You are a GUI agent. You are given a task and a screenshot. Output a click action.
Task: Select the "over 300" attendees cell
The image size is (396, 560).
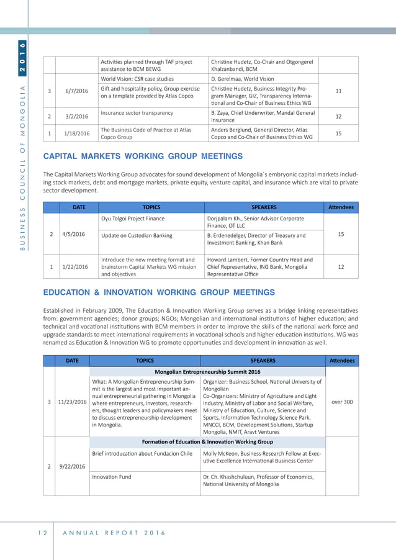342,402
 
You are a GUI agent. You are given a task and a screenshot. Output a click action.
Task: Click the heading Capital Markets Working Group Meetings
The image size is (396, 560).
143,156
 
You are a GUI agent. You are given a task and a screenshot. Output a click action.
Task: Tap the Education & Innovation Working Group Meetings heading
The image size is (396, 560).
158,292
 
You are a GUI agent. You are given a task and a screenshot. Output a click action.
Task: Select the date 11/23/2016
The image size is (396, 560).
73,402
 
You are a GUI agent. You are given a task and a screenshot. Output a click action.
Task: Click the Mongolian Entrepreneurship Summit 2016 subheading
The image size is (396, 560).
207,371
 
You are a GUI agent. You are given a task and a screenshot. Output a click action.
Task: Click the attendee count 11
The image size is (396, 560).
338,91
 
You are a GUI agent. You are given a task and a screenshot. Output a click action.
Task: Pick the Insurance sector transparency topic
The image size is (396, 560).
137,113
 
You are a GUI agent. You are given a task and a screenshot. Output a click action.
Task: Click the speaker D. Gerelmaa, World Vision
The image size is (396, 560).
243,79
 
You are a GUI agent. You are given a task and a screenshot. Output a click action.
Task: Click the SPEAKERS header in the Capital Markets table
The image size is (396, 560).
264,207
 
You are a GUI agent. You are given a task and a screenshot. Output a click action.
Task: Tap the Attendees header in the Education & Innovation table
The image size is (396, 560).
342,359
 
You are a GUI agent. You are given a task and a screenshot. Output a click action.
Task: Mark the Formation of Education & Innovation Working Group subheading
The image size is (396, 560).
207,442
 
